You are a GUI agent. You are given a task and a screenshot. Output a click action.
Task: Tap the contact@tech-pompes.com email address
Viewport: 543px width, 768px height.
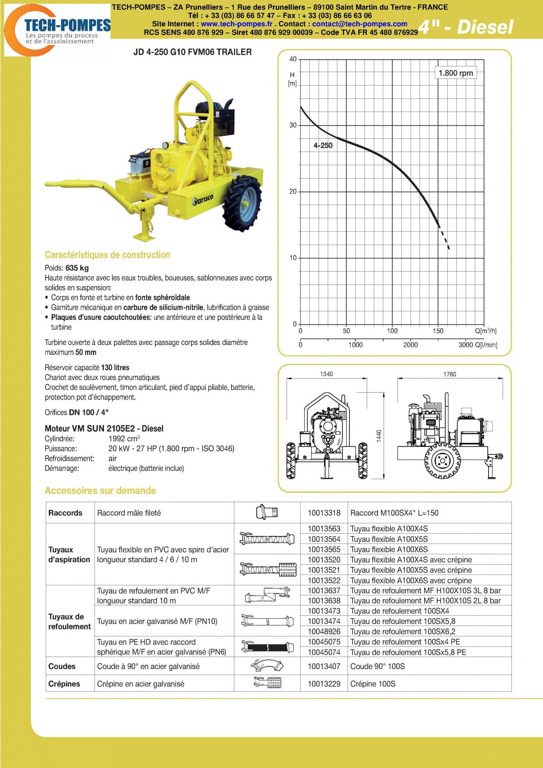coord(360,24)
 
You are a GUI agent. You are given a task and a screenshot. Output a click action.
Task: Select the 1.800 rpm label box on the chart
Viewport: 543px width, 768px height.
coord(456,73)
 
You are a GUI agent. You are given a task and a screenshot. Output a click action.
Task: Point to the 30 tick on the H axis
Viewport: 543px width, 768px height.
coord(293,125)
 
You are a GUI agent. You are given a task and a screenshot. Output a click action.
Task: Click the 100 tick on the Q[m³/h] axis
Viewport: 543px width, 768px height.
coord(392,331)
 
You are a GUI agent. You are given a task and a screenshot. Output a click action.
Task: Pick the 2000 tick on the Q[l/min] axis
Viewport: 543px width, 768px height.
coord(410,345)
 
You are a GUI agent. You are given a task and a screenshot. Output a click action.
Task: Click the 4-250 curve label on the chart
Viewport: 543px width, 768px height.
coord(323,145)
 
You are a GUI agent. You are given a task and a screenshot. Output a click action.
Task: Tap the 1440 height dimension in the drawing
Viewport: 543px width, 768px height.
coord(379,436)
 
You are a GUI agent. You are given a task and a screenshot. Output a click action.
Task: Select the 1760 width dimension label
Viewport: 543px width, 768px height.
coord(450,374)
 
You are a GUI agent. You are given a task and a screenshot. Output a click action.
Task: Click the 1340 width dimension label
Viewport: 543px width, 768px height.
coord(326,374)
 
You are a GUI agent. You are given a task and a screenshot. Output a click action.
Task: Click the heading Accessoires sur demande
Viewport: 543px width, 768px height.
coord(100,490)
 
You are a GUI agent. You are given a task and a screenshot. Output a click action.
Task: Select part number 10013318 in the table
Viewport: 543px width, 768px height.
coord(324,513)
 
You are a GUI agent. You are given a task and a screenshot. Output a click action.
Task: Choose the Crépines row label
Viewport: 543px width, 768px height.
coord(64,684)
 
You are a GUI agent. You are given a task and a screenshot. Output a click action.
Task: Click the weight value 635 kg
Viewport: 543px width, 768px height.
coord(77,268)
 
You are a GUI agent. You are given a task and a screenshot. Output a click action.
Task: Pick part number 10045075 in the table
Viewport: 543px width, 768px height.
coord(324,642)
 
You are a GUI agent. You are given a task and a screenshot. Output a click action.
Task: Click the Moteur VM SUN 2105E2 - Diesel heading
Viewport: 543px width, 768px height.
coord(104,429)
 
